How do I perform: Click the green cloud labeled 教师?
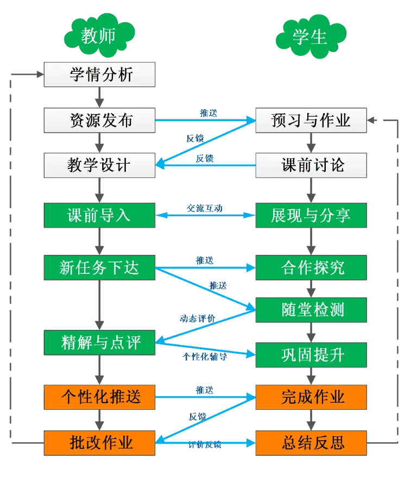click(x=99, y=36)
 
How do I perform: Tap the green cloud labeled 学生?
click(x=310, y=36)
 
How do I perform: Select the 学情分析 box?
click(x=100, y=75)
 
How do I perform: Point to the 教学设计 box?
click(x=100, y=165)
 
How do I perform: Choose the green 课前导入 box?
click(x=100, y=216)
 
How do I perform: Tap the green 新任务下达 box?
click(x=100, y=267)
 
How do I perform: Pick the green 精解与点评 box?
click(x=100, y=342)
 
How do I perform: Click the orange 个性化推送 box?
click(x=100, y=397)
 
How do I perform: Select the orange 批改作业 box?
click(x=100, y=442)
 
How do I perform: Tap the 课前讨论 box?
click(x=311, y=165)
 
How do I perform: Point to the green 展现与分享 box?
click(x=311, y=216)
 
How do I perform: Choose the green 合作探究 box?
click(x=311, y=267)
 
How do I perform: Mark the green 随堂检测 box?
click(x=311, y=310)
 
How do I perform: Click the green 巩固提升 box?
click(x=311, y=355)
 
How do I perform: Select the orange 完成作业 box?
click(x=311, y=397)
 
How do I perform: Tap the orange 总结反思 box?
click(x=311, y=442)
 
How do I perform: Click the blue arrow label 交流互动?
click(x=205, y=209)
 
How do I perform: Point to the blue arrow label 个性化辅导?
click(x=205, y=357)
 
